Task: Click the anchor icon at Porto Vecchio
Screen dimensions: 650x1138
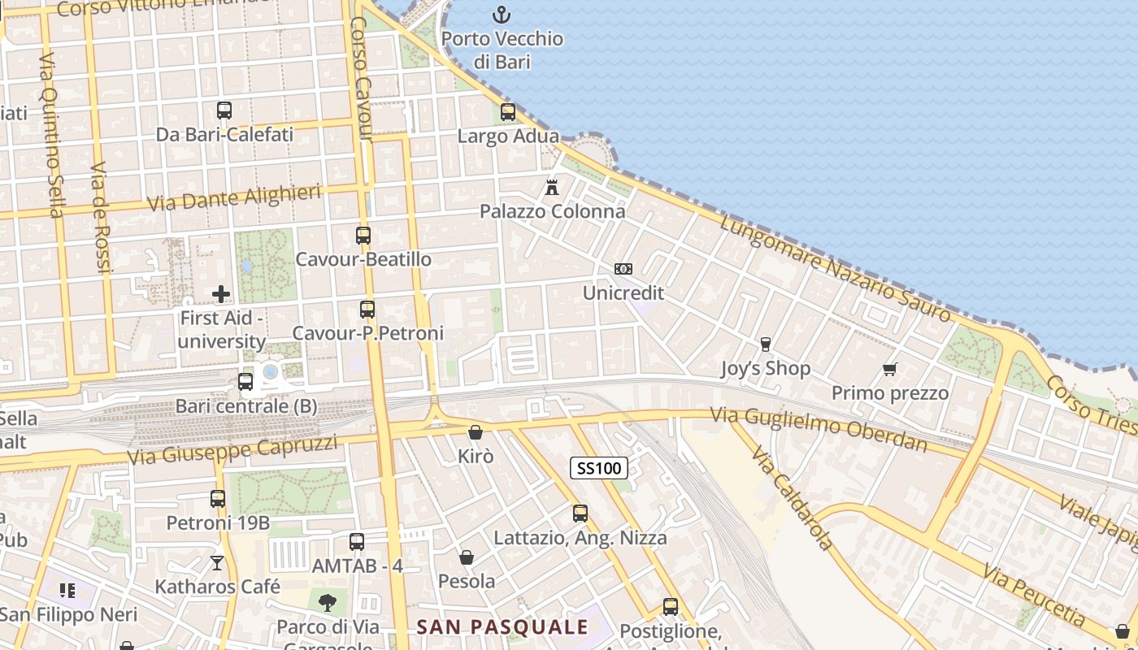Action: pos(502,15)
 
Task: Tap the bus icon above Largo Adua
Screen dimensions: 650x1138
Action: pos(508,112)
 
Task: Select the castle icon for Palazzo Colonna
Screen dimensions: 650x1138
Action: pos(552,188)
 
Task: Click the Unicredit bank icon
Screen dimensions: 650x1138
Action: pos(623,269)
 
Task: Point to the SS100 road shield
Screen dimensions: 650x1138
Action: pos(599,468)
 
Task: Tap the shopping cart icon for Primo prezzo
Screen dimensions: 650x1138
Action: pos(890,370)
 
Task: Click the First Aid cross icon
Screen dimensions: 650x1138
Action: pos(220,293)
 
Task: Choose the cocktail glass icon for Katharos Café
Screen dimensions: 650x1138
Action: pos(217,562)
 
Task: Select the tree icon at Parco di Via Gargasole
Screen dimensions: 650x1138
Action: pos(328,602)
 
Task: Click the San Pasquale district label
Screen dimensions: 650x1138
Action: pos(502,627)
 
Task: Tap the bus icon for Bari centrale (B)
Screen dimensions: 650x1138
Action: pos(245,382)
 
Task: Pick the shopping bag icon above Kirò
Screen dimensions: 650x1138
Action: pos(476,432)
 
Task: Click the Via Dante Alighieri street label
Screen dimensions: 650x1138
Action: pos(234,197)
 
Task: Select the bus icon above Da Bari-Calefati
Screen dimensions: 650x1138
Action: pos(224,110)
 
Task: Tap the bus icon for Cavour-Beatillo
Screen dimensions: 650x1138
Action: pos(363,236)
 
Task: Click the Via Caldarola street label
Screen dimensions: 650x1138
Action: pos(793,497)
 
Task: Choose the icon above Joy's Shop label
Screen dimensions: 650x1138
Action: pos(765,344)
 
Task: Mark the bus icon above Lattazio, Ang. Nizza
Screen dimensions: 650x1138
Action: pos(580,513)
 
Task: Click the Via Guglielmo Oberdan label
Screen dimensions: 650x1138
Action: pos(819,429)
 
